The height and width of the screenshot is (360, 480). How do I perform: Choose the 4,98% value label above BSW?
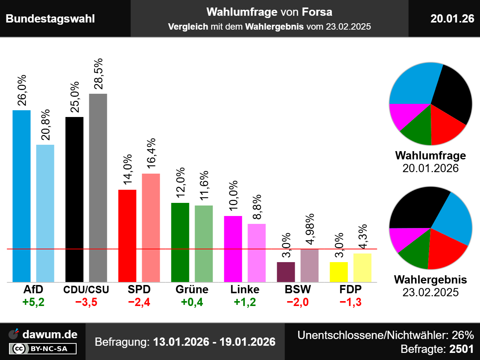coord(310,229)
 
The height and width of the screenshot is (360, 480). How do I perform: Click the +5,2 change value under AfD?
coord(33,302)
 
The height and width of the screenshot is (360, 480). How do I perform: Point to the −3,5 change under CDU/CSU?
coord(86,302)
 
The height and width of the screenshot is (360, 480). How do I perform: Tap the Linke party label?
coord(245,289)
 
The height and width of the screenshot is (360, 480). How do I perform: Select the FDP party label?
coord(351,289)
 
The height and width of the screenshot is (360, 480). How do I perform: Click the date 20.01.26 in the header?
coord(452,19)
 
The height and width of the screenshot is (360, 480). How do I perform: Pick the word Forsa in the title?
coord(317,12)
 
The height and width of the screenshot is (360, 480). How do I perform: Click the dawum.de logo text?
coord(50,334)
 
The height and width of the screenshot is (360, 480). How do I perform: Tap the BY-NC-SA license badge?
coord(43,349)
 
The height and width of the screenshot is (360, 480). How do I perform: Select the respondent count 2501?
coord(461,349)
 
